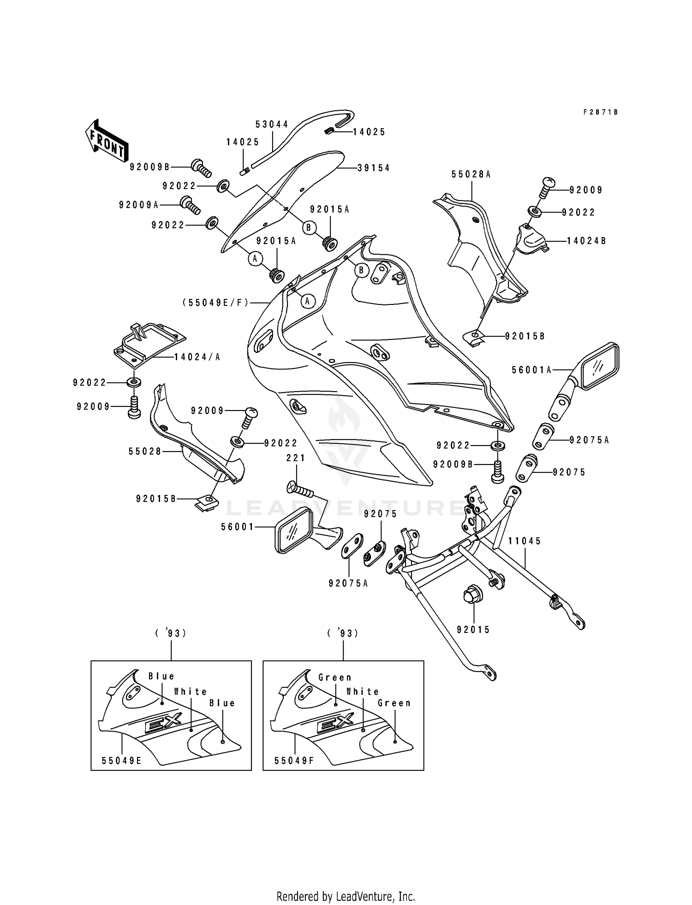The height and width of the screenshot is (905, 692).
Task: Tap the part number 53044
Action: point(272,125)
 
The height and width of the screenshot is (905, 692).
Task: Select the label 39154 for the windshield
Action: point(373,168)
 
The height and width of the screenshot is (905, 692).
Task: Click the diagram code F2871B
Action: point(600,112)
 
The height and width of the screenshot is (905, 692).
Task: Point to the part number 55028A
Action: point(471,174)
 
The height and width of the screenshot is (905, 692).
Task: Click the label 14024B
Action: point(586,241)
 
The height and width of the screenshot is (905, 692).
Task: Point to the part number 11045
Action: point(525,541)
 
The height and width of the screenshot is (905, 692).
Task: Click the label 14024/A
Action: point(197,357)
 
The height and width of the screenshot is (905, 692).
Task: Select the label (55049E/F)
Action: point(215,303)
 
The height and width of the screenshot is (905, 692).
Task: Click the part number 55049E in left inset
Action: point(121,761)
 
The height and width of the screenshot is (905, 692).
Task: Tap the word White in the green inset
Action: point(363,691)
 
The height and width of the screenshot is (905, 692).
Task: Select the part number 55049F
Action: point(294,761)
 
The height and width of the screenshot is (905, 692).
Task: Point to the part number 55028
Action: point(145,452)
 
